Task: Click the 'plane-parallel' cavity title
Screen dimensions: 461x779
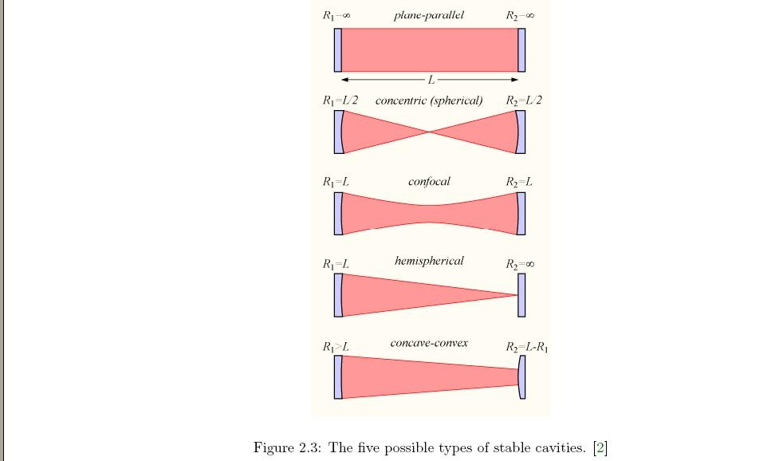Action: click(x=428, y=15)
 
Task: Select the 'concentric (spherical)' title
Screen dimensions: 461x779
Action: click(x=429, y=100)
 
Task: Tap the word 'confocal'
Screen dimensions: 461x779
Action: click(x=429, y=182)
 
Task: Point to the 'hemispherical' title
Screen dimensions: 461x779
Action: click(x=429, y=261)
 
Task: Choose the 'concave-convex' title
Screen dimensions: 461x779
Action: click(x=429, y=343)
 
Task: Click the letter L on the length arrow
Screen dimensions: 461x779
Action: click(x=431, y=80)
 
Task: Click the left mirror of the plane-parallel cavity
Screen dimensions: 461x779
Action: click(x=338, y=50)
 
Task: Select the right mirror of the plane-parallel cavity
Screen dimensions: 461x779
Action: click(x=521, y=50)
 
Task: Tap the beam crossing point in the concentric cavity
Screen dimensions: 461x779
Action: click(x=430, y=132)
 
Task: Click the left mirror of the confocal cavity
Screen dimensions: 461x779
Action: click(x=338, y=214)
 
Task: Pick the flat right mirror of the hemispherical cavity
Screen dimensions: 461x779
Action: click(x=521, y=295)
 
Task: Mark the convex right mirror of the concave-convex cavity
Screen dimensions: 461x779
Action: click(x=522, y=376)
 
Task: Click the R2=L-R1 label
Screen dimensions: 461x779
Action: click(x=527, y=347)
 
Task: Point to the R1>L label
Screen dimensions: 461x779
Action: click(x=336, y=347)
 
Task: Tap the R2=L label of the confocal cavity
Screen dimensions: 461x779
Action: click(x=519, y=183)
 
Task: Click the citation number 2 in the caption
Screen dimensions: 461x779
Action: click(x=600, y=447)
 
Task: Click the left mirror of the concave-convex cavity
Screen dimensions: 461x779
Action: click(x=338, y=376)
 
